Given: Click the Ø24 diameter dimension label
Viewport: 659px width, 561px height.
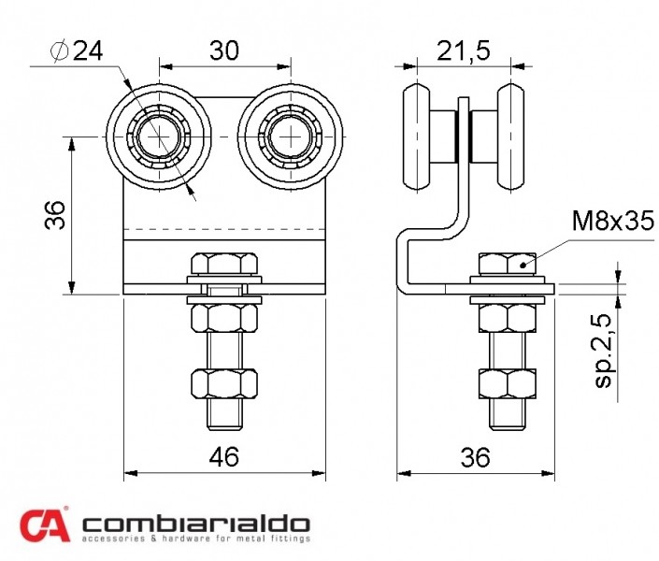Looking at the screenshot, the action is (x=77, y=51).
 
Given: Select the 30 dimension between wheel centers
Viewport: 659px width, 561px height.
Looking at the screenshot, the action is (x=224, y=50).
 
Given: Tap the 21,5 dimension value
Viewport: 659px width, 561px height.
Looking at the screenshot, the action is (x=464, y=50).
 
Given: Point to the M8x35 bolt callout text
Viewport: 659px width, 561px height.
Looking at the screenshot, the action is (x=613, y=221).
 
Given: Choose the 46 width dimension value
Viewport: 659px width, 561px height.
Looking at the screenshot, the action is (x=224, y=456).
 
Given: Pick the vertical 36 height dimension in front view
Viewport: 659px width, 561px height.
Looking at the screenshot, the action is (x=55, y=215).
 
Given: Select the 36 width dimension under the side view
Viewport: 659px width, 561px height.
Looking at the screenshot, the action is (x=476, y=457).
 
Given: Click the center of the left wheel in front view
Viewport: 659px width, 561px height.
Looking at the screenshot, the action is (x=159, y=137).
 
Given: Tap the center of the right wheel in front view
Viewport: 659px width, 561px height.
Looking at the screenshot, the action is (x=291, y=137).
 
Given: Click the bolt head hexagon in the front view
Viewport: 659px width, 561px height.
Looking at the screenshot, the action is (x=224, y=264).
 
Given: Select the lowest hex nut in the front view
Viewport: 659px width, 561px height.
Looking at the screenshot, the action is (x=224, y=383).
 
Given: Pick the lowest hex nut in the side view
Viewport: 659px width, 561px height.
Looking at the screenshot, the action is (x=508, y=383).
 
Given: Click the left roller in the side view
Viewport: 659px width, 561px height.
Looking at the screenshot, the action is (x=417, y=137).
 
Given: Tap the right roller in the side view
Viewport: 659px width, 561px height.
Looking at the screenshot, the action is (x=511, y=137).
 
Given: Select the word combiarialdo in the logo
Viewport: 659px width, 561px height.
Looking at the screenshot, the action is (x=196, y=524).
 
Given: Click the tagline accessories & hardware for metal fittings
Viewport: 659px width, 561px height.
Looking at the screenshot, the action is (x=196, y=539).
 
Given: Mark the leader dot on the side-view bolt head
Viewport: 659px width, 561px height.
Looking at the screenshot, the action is (x=523, y=265).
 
